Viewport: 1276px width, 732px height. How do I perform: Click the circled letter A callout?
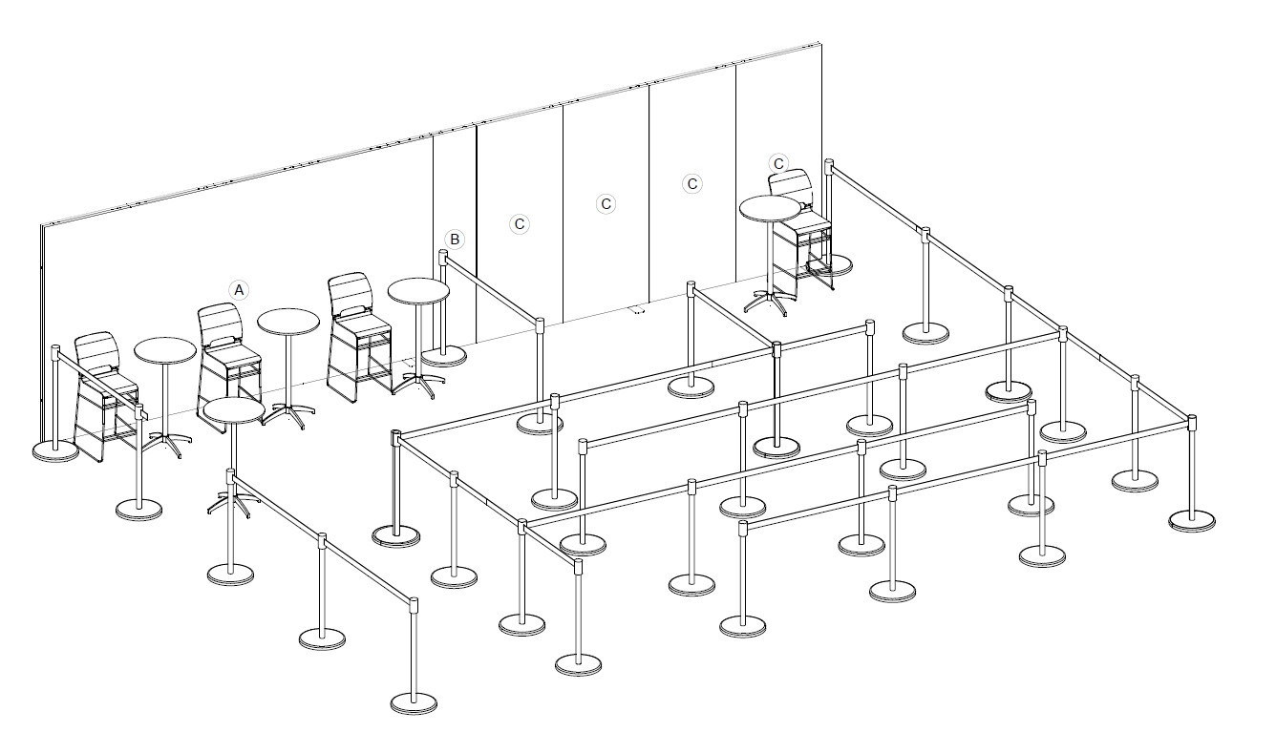239,288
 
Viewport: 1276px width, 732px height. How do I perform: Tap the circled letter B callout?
455,239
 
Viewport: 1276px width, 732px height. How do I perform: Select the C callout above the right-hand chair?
778,163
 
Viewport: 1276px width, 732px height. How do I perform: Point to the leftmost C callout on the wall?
520,223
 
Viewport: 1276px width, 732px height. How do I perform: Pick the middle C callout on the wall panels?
606,203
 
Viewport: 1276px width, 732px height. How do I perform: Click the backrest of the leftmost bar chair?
95,352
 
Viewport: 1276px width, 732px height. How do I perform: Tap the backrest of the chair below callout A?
219,324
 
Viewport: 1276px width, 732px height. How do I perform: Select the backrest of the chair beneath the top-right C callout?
791,186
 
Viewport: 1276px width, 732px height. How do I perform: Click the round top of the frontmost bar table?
233,411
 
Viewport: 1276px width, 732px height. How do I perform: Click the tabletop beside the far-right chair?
770,208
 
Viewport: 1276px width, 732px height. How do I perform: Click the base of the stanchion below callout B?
444,357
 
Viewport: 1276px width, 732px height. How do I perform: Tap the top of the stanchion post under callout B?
443,256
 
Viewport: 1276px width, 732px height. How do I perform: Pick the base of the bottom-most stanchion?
414,704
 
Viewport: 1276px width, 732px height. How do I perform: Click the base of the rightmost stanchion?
1192,520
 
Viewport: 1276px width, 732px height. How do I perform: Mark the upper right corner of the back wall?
820,44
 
